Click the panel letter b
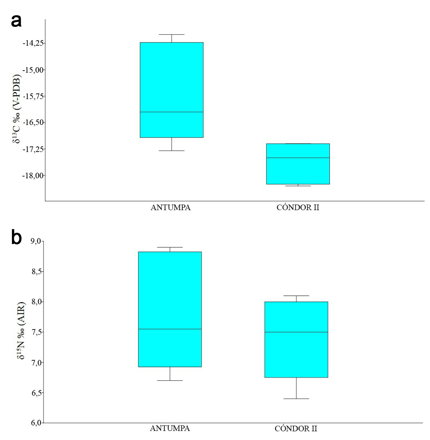(x=17, y=238)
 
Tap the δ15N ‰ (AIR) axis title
(x=21, y=331)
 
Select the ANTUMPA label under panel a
(x=170, y=208)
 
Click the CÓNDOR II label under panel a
(x=298, y=208)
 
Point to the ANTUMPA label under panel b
(x=170, y=428)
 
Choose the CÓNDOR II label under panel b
(x=296, y=428)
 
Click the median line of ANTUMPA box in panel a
(x=171, y=112)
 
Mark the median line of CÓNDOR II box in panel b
(x=296, y=332)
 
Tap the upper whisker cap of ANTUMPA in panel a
(x=171, y=34)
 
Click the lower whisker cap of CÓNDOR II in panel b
(x=296, y=399)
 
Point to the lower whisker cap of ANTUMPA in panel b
(x=170, y=380)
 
